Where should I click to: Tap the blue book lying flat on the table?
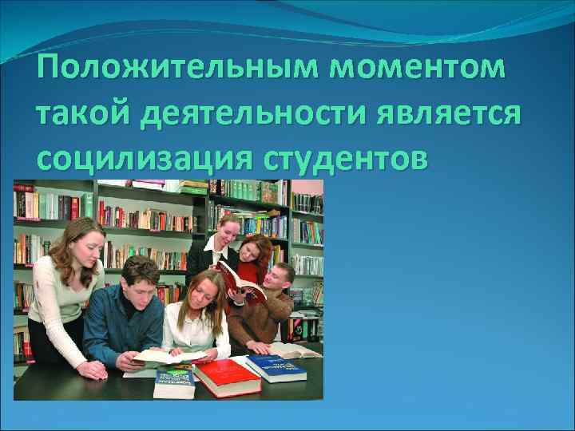pyautogui.click(x=275, y=367)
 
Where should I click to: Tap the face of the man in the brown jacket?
pyautogui.click(x=277, y=280)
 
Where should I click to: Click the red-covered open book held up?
pyautogui.click(x=240, y=284)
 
